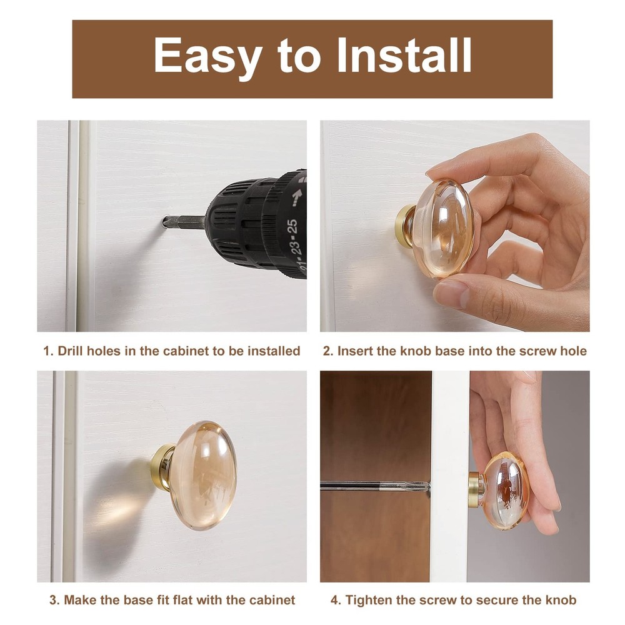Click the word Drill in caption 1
point(71,351)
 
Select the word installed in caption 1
point(274,351)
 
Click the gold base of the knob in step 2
point(404,224)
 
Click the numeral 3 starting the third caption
point(54,601)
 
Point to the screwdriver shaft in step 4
point(369,486)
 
